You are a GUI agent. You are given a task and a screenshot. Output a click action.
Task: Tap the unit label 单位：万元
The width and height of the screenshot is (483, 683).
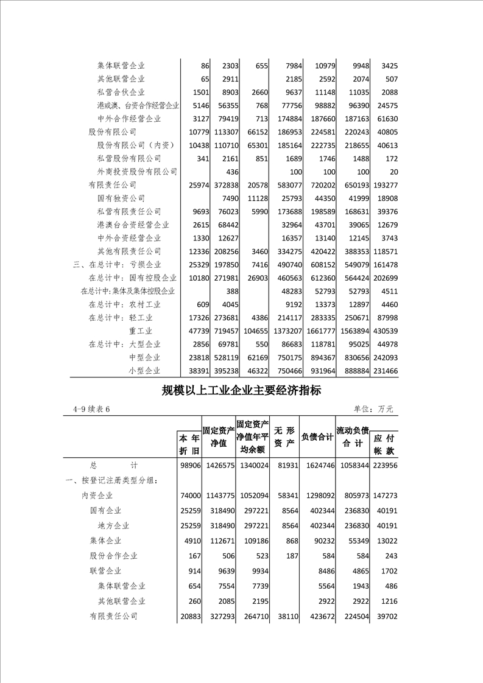(373, 409)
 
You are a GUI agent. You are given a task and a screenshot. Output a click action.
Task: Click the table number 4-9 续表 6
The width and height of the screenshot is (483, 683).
(91, 409)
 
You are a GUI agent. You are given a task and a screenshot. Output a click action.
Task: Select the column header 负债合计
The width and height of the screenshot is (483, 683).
(317, 437)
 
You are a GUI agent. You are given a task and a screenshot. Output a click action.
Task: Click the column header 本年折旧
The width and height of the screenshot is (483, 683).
(189, 444)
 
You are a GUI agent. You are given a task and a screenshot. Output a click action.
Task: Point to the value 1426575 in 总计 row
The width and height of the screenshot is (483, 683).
(218, 465)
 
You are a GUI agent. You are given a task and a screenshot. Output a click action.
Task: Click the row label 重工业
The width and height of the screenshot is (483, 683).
(144, 331)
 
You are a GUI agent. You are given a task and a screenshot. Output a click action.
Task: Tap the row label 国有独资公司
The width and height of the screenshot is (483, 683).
(121, 198)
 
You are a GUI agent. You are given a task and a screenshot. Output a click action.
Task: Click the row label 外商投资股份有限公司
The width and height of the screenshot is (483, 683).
(137, 172)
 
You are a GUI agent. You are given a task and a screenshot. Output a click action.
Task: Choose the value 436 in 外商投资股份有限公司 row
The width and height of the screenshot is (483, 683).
(231, 172)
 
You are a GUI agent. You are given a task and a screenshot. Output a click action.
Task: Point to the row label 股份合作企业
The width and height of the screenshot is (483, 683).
(113, 555)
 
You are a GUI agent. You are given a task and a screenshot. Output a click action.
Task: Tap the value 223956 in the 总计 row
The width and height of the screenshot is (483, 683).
(384, 465)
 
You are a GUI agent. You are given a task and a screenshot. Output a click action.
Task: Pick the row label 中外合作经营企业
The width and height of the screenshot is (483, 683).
(129, 119)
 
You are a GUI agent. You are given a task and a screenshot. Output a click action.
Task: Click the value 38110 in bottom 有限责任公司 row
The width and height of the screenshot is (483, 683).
(284, 616)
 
